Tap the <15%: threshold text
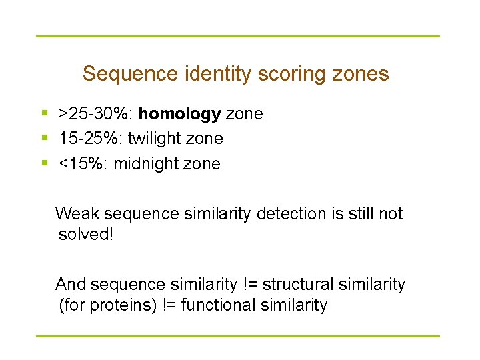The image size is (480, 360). (83, 163)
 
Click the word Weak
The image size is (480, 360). (77, 213)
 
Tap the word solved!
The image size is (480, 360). (86, 235)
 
